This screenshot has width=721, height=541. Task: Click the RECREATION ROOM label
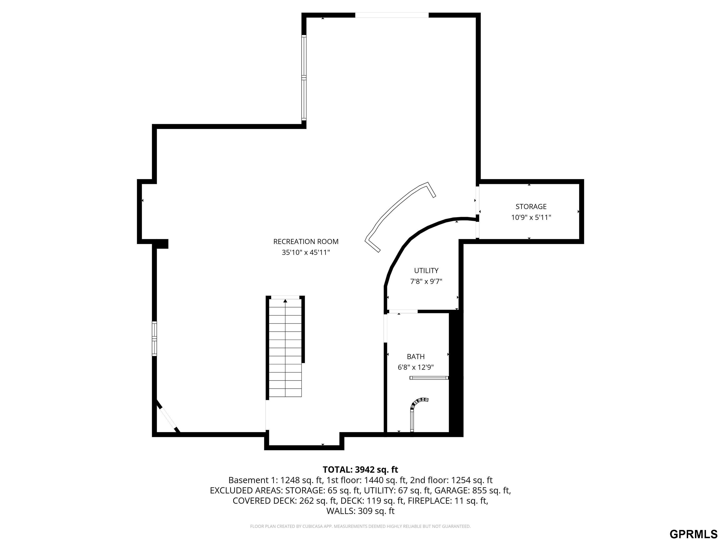[x=306, y=242]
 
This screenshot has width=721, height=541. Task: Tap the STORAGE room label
[x=531, y=206]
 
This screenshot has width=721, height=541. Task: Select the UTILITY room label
[x=426, y=270]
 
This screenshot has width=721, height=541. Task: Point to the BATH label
[x=416, y=356]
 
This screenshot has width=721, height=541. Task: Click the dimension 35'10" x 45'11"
[x=306, y=252]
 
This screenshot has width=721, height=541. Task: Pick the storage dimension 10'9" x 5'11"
[x=531, y=217]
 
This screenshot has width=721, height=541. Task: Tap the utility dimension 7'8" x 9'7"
[x=426, y=281]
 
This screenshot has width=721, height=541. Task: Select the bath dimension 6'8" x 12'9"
[x=416, y=367]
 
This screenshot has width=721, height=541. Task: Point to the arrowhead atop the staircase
[x=285, y=301]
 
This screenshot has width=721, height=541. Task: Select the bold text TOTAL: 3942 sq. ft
[x=360, y=470]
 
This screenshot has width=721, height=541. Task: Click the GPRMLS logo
[x=693, y=533]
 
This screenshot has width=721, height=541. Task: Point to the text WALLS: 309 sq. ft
[x=360, y=511]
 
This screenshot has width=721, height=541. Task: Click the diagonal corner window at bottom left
[x=168, y=417]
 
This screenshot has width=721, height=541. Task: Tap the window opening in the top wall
[x=391, y=15]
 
